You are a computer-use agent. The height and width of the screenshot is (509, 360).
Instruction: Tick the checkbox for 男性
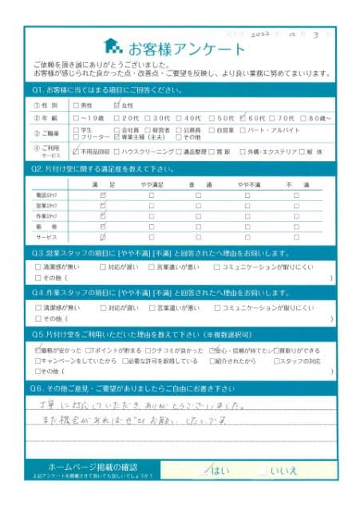(x=76, y=105)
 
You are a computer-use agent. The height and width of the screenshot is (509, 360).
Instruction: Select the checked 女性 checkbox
(x=117, y=105)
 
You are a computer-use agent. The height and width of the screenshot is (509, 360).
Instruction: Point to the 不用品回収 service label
(x=93, y=150)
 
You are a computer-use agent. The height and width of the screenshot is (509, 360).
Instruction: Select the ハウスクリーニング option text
(x=151, y=150)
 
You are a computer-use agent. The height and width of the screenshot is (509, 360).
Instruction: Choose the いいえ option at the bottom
(x=284, y=471)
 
